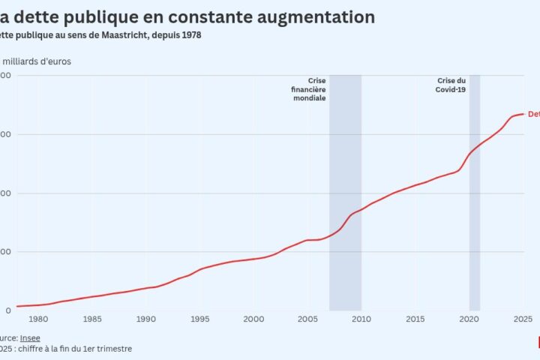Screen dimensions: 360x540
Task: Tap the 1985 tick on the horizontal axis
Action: (92, 319)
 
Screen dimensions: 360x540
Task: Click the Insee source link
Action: (31, 338)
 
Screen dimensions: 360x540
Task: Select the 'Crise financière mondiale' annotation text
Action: (309, 89)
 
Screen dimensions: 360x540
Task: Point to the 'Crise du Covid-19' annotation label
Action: (451, 85)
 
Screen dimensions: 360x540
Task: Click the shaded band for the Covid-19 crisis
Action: (475, 225)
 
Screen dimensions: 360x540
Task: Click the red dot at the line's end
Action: (523, 114)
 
